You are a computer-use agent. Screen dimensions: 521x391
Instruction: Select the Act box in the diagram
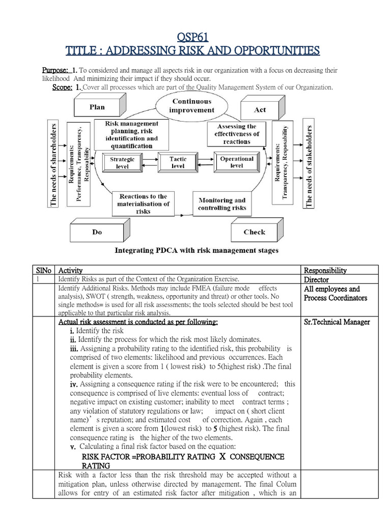pos(260,109)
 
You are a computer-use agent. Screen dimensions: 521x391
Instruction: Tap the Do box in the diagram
pos(97,232)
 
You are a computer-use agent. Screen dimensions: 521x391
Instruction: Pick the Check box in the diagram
pos(254,232)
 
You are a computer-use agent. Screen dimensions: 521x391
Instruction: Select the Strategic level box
pos(122,163)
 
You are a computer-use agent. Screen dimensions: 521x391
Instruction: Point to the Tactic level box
pos(178,162)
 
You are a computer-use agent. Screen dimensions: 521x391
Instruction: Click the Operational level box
pos(237,162)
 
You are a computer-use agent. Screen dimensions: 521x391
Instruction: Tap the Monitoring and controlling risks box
pos(221,204)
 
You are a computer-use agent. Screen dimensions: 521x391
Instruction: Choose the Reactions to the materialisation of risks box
pos(143,204)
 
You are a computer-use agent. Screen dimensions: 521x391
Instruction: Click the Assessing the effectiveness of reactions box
pos(237,134)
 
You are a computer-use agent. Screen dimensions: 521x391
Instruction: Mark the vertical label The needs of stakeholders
pos(309,164)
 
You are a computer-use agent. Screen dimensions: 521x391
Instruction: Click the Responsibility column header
pos(325,271)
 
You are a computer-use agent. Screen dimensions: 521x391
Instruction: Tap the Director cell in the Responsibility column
pos(316,279)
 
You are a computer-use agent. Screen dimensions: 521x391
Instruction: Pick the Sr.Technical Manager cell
pos(337,322)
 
